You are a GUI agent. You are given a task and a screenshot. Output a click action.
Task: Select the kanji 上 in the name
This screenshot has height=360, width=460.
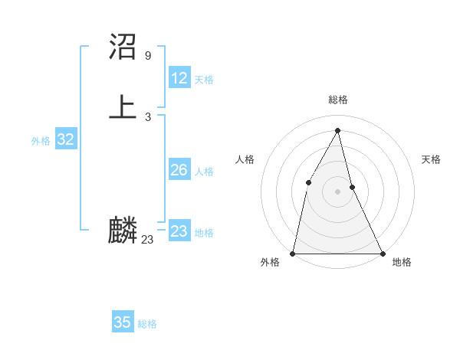123,106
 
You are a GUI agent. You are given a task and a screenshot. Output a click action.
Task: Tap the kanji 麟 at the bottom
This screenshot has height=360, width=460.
123,230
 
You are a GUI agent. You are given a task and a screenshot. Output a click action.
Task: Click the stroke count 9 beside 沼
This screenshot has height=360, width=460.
147,55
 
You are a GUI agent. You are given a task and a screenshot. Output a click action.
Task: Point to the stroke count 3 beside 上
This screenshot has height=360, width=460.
147,117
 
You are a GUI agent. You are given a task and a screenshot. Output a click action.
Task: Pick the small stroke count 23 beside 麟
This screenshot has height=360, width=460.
147,240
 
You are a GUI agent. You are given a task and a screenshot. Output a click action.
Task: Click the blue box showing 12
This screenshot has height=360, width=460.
179,78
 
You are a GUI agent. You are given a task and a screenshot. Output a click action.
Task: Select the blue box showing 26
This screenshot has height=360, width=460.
179,170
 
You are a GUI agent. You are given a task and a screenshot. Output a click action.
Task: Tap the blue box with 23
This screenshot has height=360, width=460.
179,231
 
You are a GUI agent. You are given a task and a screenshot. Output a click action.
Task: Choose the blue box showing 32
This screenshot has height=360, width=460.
65,139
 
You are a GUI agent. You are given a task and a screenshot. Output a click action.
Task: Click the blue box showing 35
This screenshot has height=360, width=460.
123,322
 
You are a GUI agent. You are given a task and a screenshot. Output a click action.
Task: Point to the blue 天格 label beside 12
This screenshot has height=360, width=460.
204,80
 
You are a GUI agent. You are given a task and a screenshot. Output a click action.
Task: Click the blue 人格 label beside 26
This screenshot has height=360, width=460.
204,172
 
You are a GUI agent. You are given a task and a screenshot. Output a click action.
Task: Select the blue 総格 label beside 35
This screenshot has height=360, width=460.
147,324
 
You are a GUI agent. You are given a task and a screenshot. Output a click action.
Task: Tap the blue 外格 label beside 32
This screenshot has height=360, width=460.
41,141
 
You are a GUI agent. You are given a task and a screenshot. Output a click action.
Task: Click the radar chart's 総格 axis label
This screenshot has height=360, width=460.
337,100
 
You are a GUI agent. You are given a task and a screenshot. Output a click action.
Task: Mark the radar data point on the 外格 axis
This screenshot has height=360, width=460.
293,253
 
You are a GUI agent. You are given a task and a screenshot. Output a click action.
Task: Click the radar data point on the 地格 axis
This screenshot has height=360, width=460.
382,253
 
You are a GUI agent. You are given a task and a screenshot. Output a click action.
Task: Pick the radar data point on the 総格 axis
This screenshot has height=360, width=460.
337,130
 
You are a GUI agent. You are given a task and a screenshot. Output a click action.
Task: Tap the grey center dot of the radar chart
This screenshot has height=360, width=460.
337,191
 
